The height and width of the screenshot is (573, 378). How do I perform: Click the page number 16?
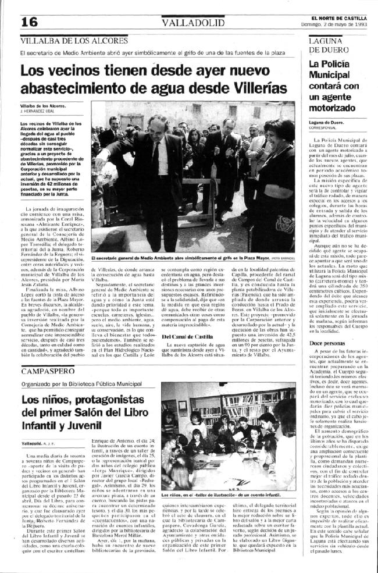[28, 22]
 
